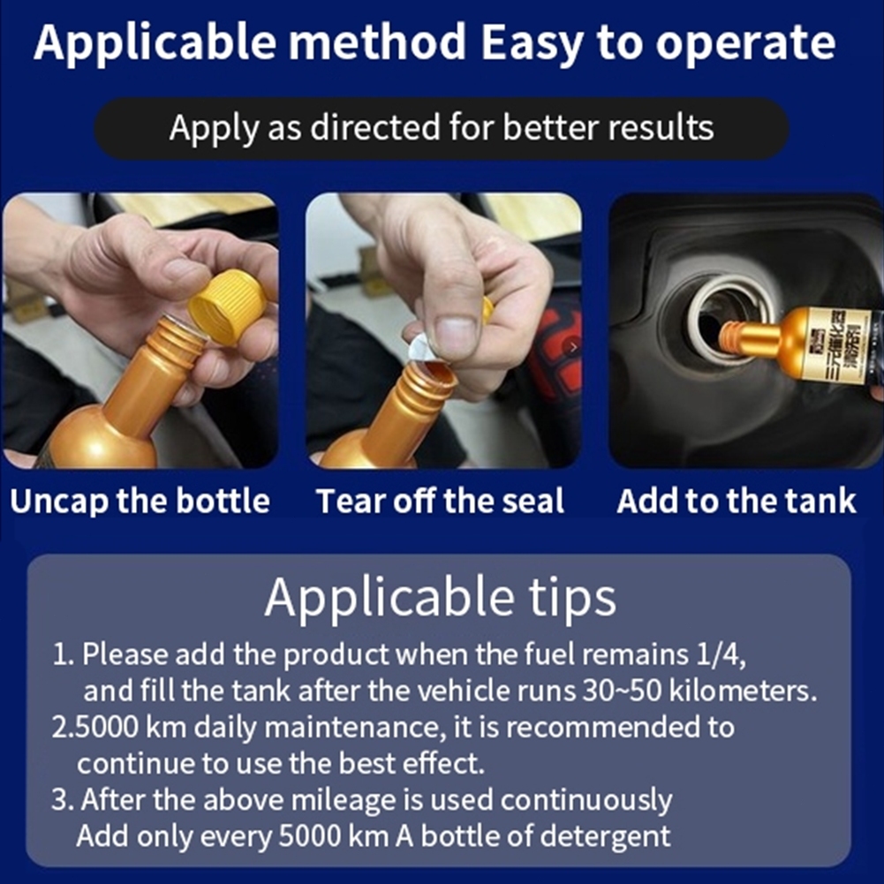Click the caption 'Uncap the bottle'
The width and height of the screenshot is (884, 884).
pos(140,501)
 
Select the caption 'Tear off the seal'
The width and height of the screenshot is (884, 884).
pos(440,501)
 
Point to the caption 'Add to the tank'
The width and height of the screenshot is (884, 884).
pos(737,501)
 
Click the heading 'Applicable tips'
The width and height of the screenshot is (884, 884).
pos(441,599)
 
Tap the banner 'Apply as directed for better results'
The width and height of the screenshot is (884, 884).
pos(442,127)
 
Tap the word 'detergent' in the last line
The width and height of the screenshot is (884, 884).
pos(605,835)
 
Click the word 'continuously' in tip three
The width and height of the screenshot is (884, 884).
pos(586,801)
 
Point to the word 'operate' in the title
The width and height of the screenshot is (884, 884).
pos(745,44)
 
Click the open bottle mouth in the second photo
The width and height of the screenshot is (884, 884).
pos(431,372)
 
